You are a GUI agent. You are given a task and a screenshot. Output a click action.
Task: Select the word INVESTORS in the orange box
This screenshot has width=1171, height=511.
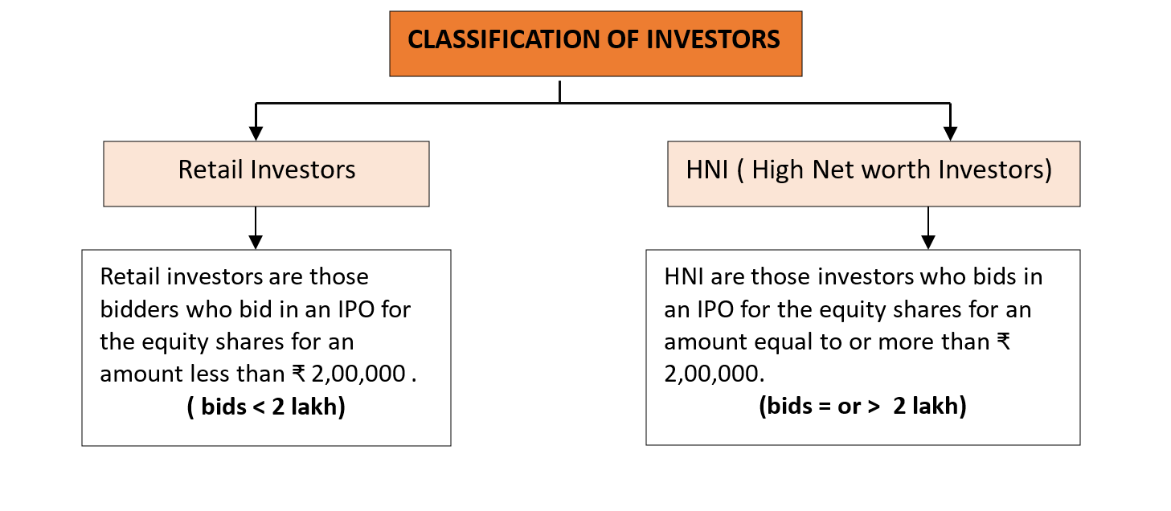(713, 39)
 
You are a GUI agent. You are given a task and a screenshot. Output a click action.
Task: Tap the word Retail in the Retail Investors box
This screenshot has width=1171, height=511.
(210, 170)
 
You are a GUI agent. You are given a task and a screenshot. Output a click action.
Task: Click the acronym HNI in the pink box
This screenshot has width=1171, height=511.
(707, 170)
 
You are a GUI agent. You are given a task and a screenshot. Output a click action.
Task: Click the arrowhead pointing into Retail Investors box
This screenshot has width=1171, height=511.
(256, 133)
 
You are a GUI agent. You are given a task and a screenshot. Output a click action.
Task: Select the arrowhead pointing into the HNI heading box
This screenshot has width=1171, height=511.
(951, 133)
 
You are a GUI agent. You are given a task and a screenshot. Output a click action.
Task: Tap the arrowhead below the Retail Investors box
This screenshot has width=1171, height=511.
(256, 242)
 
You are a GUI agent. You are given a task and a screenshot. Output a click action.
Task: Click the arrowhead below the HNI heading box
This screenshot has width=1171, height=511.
(928, 242)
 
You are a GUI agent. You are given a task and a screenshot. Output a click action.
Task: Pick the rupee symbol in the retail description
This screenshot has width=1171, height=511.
(298, 374)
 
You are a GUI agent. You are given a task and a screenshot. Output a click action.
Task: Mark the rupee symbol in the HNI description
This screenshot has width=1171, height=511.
(1003, 341)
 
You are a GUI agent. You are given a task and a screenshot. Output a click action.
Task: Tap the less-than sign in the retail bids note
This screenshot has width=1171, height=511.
(259, 407)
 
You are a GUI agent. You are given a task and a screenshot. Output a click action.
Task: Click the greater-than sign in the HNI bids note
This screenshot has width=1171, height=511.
(874, 407)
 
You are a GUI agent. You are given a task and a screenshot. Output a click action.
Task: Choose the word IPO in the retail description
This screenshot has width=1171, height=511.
(355, 310)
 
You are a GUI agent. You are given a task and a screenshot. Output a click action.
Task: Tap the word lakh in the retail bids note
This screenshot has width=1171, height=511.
(314, 407)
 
